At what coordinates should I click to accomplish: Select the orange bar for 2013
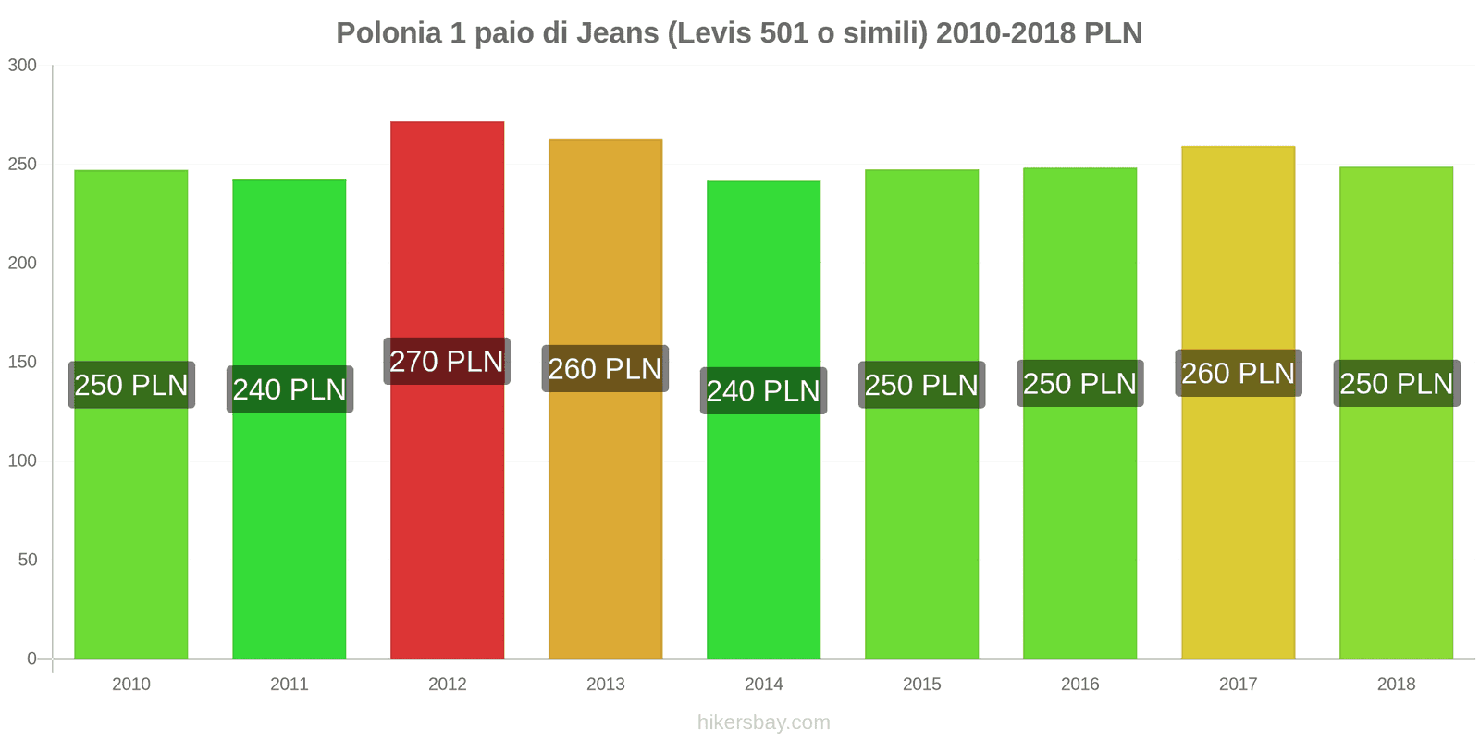605,509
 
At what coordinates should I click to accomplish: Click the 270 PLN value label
447,362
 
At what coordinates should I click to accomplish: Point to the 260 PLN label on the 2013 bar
605,369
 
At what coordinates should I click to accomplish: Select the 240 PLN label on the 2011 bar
290,389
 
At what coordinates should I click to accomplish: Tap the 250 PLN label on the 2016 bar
1079,384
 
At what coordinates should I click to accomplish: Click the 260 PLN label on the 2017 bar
1238,374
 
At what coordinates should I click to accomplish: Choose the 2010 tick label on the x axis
130,684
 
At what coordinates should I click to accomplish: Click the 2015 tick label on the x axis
921,684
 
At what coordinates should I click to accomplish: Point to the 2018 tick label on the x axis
1396,684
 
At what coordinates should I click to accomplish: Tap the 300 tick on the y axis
22,66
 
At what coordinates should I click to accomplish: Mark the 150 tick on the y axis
22,363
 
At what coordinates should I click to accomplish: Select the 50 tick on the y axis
27,561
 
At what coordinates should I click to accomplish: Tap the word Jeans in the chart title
617,33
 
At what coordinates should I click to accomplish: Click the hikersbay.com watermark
763,722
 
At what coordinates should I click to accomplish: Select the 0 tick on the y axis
31,660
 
